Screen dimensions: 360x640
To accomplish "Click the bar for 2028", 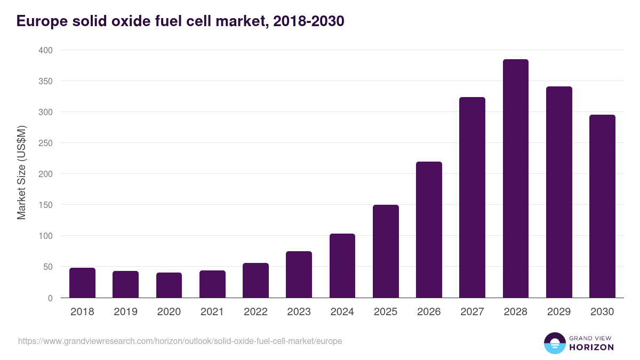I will click(515, 179).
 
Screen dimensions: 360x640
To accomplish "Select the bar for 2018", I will click(82, 283).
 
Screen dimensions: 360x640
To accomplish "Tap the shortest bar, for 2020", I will click(169, 285).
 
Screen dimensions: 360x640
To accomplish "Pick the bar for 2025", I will click(386, 251).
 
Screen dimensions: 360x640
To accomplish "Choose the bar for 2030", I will click(602, 206).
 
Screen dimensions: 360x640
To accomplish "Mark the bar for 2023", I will click(299, 275).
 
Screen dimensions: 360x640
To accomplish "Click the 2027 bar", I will click(472, 197).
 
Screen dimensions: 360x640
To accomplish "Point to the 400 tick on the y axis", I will click(46, 50).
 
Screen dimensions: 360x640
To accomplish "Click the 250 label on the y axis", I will click(46, 143).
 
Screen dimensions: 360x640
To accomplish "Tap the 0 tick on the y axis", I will click(50, 298).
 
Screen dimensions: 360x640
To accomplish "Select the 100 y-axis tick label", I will click(46, 236).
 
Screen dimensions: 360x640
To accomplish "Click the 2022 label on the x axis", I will click(255, 312).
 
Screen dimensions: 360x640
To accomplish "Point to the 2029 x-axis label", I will click(559, 312).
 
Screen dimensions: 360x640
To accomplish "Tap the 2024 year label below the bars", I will click(342, 312).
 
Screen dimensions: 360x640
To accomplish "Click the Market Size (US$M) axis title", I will click(21, 173).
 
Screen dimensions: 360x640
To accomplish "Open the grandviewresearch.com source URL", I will click(180, 341).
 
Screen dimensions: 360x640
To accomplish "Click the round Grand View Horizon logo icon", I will click(554, 343).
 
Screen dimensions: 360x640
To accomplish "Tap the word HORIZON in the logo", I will click(591, 347).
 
